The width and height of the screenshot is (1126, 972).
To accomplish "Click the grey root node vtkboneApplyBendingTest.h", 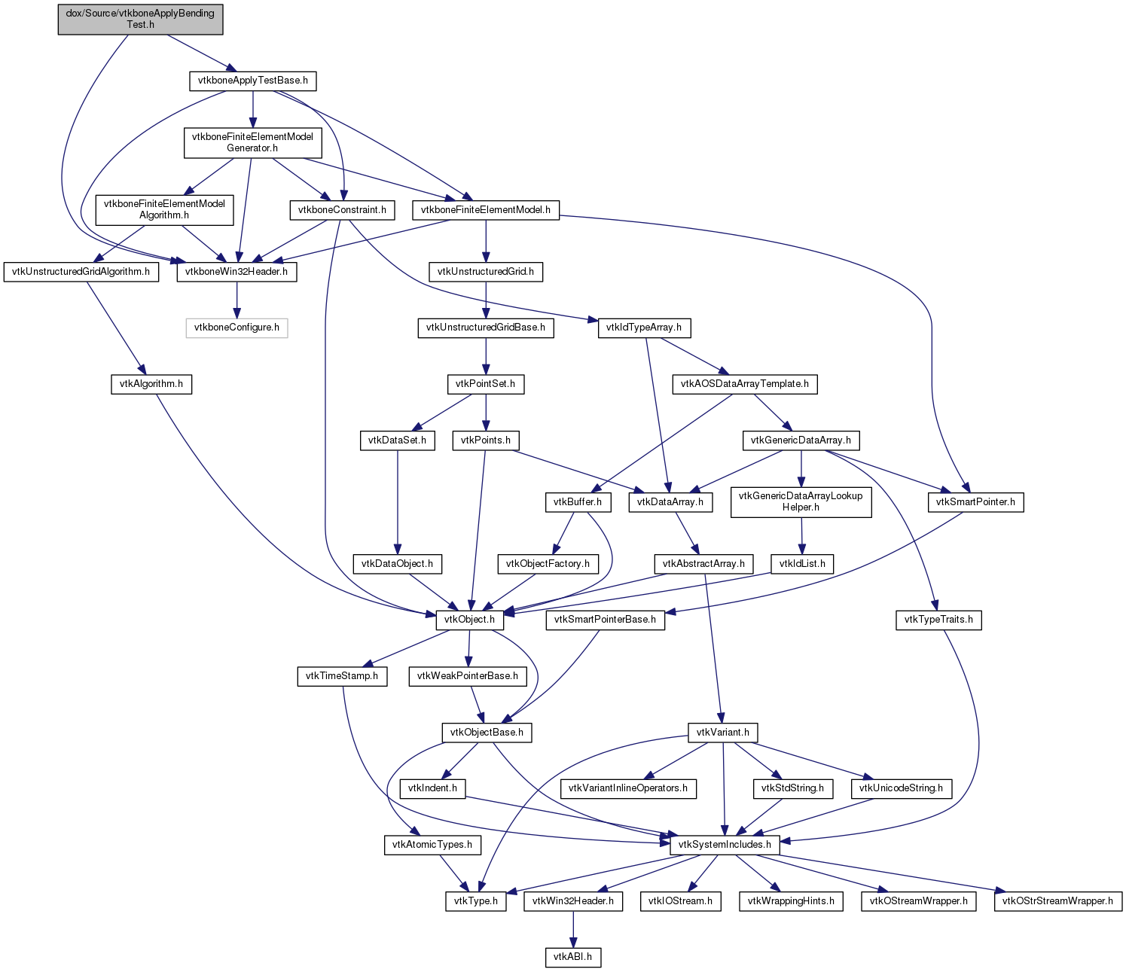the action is pyautogui.click(x=140, y=19).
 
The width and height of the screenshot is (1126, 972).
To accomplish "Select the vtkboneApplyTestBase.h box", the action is pyautogui.click(x=253, y=81).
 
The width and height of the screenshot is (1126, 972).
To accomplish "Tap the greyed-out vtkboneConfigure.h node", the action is pyautogui.click(x=236, y=328).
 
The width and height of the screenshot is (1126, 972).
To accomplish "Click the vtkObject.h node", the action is pyautogui.click(x=469, y=620).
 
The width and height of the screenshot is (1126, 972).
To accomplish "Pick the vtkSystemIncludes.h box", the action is pyautogui.click(x=724, y=845).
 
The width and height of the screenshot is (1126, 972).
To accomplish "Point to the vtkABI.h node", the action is pyautogui.click(x=572, y=957).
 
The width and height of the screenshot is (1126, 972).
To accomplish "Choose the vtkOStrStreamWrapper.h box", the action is pyautogui.click(x=1057, y=901).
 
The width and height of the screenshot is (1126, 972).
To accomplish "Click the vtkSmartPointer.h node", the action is pyautogui.click(x=975, y=502).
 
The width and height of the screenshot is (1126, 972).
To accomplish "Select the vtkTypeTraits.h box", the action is pyautogui.click(x=938, y=620).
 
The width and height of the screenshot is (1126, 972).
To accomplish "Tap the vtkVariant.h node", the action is pyautogui.click(x=722, y=733).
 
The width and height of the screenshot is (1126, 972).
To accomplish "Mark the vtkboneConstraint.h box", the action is pyautogui.click(x=342, y=210).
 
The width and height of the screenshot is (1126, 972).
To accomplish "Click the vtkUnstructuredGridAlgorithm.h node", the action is pyautogui.click(x=81, y=272).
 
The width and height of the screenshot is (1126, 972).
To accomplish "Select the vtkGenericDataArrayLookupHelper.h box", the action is pyautogui.click(x=800, y=502).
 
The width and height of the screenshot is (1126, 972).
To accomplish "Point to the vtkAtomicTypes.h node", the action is pyautogui.click(x=432, y=845).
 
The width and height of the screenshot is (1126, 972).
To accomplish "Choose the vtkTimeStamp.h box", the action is pyautogui.click(x=341, y=676).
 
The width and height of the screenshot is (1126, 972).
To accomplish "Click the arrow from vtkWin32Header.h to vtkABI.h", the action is pyautogui.click(x=572, y=930).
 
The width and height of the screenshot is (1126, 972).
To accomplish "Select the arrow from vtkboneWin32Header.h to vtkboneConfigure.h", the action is pyautogui.click(x=236, y=300).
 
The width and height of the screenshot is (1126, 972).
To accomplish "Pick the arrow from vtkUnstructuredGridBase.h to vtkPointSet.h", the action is pyautogui.click(x=485, y=356).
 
